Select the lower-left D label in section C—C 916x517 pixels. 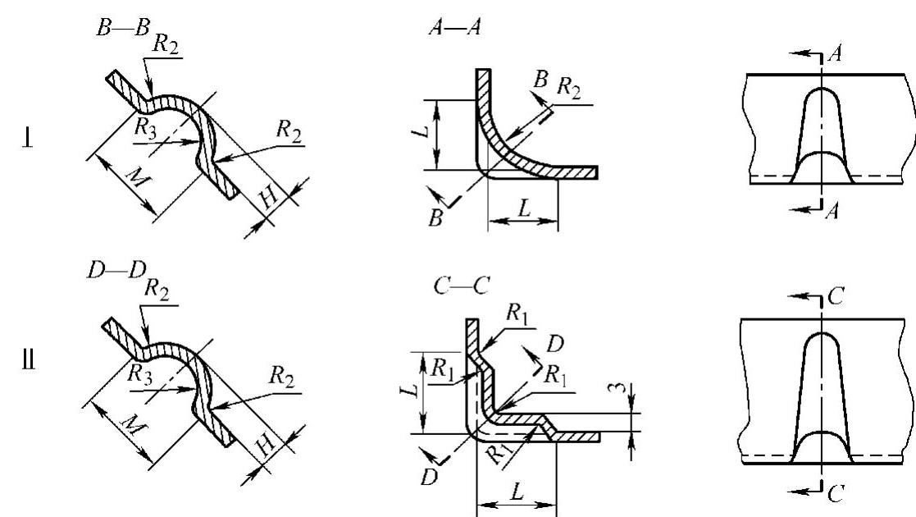coord(427,475)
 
